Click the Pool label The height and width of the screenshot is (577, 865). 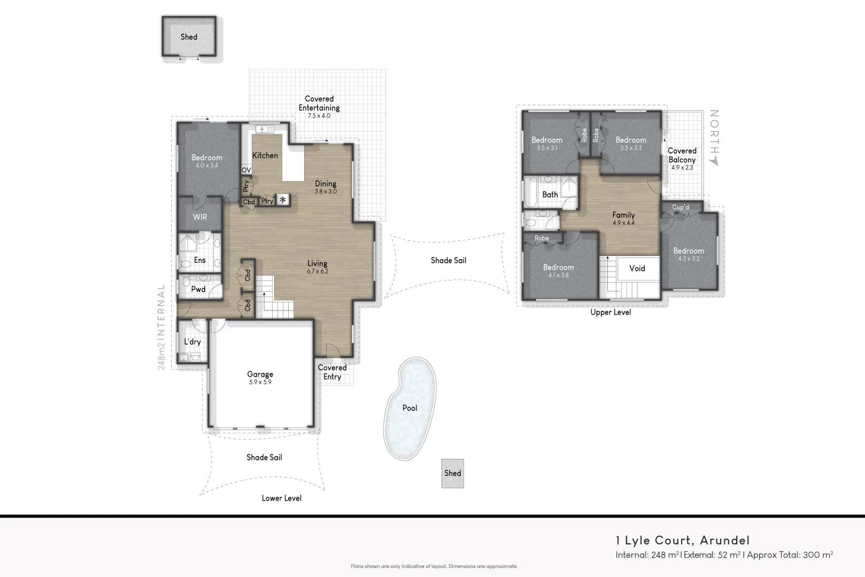(410, 408)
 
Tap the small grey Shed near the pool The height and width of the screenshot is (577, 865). (452, 473)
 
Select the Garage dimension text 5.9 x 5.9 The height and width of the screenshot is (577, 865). (260, 383)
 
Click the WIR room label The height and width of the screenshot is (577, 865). (200, 217)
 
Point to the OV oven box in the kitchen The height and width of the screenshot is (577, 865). (246, 170)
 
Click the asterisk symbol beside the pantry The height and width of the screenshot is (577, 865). (283, 200)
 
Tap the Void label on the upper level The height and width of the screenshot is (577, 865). (637, 268)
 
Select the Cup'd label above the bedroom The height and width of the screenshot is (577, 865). (680, 207)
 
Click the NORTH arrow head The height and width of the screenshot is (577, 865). (714, 160)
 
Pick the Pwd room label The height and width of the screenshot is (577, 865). (198, 289)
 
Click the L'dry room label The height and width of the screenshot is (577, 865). (192, 342)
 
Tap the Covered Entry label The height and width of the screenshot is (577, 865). (332, 372)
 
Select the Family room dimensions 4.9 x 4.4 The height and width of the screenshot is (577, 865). (623, 223)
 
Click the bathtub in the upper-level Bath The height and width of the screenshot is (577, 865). (531, 192)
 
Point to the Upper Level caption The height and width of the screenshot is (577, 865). (611, 312)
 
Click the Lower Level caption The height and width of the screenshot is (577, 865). (281, 498)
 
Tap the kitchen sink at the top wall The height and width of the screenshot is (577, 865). (264, 129)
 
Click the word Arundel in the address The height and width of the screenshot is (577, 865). (724, 540)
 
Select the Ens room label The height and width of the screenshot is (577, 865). (199, 260)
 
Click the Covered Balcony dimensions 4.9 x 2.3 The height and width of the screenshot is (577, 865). (682, 168)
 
